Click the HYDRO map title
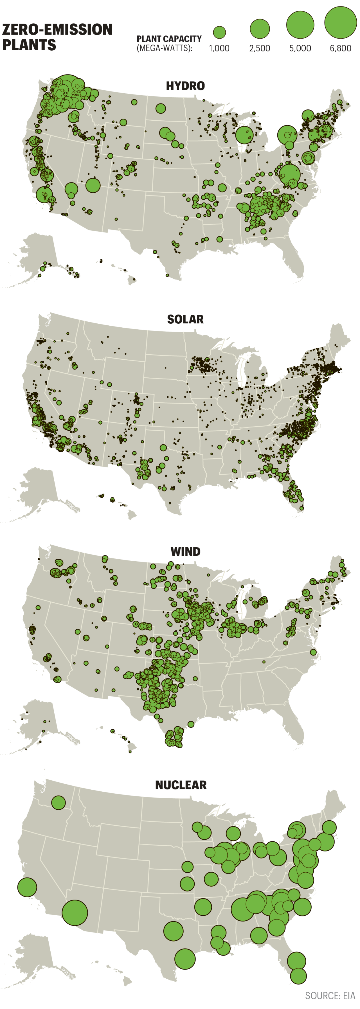click(x=185, y=86)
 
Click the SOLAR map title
click(x=185, y=319)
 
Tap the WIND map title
click(x=185, y=551)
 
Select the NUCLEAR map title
click(x=181, y=785)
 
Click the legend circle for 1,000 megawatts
click(x=219, y=33)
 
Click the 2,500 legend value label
click(x=260, y=49)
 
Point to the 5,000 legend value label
click(x=300, y=49)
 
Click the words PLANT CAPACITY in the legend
click(x=169, y=39)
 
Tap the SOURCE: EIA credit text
click(x=330, y=995)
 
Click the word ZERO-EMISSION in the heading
click(x=57, y=29)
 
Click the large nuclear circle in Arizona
click(x=75, y=913)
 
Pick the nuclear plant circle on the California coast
click(x=27, y=887)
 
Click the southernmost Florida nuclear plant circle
click(x=298, y=976)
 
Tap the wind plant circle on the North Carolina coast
click(x=313, y=652)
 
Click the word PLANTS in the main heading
click(x=29, y=45)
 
